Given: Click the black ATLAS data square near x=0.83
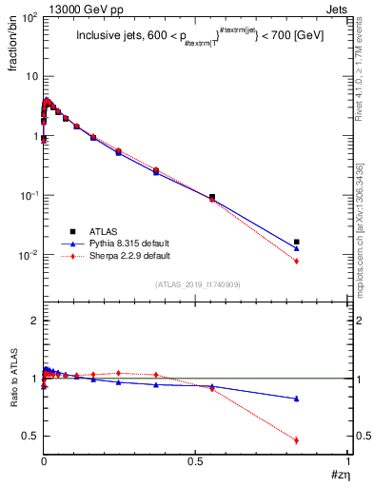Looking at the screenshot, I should [x=297, y=242].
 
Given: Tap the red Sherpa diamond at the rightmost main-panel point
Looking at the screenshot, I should [x=297, y=261].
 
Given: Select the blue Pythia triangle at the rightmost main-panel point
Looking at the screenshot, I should [x=297, y=248].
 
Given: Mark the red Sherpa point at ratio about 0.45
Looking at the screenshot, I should [x=297, y=440].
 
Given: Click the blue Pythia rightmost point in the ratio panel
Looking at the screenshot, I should [x=297, y=399].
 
